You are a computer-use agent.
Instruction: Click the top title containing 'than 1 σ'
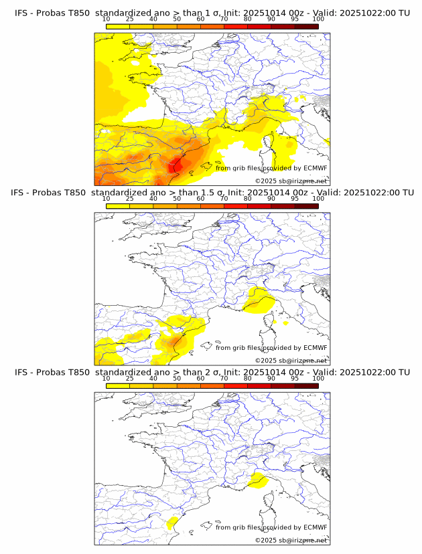point(212,13)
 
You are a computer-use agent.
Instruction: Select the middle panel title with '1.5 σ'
point(212,192)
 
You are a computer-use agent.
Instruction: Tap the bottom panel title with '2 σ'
point(212,372)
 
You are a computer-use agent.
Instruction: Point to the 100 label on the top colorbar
point(318,19)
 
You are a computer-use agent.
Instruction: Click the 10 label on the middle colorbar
point(107,199)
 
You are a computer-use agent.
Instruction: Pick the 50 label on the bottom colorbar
point(177,378)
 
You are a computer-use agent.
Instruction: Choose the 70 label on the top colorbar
point(224,19)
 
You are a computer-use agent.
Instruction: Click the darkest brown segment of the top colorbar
point(306,26)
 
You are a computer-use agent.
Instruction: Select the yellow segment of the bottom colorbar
point(118,385)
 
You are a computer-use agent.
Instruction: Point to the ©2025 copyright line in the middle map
point(291,360)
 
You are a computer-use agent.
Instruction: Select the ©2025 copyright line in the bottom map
point(291,540)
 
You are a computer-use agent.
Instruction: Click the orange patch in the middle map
point(176,341)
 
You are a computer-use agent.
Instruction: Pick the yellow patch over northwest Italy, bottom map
point(256,480)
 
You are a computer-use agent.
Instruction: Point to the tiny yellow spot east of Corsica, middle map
point(286,322)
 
